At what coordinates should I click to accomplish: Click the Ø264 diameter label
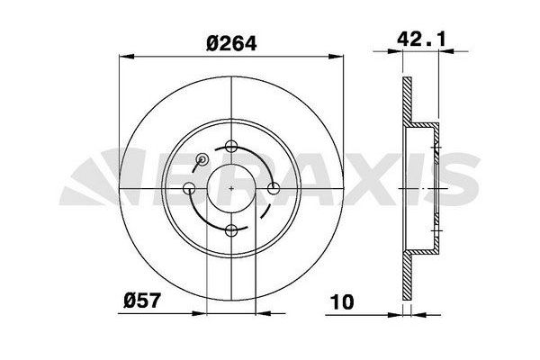coord(231,44)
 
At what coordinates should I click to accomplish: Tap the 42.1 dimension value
coord(421,40)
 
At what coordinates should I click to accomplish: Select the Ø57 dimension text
coord(142,301)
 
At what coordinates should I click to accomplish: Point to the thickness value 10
coord(342,301)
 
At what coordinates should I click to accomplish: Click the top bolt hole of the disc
coord(231,146)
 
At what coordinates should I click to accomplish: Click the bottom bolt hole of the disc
coord(231,230)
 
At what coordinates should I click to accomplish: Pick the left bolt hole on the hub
coord(189,188)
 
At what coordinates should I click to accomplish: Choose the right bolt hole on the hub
coord(274,188)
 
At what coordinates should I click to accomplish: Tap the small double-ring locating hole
coord(202,158)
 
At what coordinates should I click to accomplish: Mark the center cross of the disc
coord(231,188)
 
